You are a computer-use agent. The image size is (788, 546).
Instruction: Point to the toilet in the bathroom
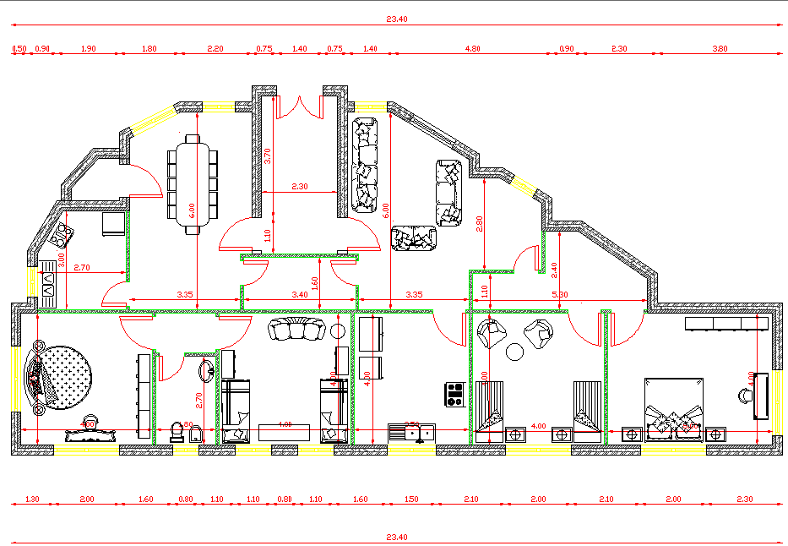click(177, 432)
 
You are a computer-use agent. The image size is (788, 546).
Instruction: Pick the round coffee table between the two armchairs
click(516, 352)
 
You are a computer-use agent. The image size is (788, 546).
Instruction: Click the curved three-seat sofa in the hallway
click(296, 330)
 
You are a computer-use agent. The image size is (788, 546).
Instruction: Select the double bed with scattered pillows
click(673, 410)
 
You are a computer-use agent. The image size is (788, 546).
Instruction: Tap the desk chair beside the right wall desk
click(746, 394)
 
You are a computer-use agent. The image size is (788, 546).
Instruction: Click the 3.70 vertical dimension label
click(267, 156)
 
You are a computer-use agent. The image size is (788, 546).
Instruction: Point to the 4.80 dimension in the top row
click(473, 49)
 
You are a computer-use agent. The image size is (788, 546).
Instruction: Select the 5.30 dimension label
click(559, 295)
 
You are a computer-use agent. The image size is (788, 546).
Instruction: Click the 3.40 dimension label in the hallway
click(299, 295)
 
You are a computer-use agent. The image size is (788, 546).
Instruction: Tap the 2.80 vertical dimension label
click(480, 223)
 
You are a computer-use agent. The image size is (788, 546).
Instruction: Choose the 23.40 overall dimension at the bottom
click(397, 537)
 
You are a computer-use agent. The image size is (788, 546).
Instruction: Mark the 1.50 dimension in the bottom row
click(411, 500)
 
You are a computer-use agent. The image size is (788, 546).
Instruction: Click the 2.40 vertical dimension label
click(554, 270)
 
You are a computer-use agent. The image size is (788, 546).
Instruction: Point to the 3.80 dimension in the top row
click(720, 49)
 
